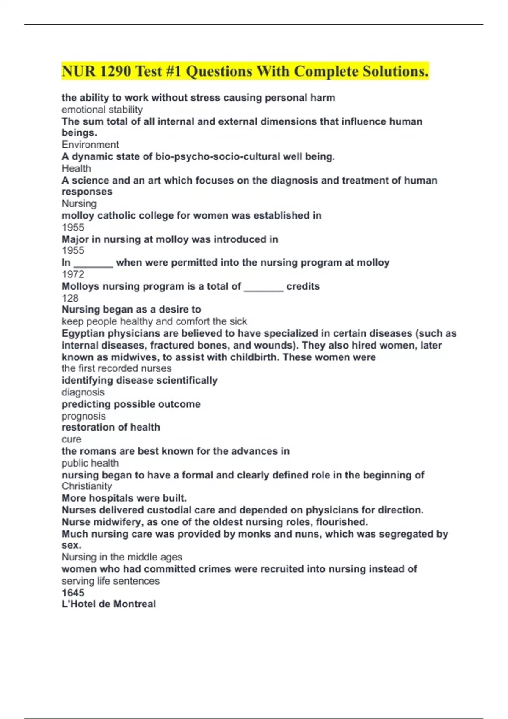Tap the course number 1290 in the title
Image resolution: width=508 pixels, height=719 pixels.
pyautogui.click(x=116, y=71)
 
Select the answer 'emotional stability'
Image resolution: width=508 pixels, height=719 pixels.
pyautogui.click(x=102, y=110)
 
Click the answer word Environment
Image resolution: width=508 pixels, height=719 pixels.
pyautogui.click(x=90, y=145)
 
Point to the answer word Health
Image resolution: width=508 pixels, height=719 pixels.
pyautogui.click(x=76, y=168)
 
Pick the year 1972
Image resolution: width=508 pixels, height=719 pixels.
pyautogui.click(x=73, y=274)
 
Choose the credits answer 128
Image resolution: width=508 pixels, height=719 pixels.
pyautogui.click(x=70, y=298)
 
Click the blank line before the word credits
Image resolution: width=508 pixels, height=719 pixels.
pyautogui.click(x=264, y=288)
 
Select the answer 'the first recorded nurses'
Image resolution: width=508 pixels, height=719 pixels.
pyautogui.click(x=116, y=368)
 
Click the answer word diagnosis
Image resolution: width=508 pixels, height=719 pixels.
pyautogui.click(x=83, y=392)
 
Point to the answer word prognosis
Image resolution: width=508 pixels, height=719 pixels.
pyautogui.click(x=83, y=416)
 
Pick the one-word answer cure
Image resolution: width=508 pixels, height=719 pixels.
pyautogui.click(x=72, y=439)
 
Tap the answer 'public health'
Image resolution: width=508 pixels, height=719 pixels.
pyautogui.click(x=90, y=463)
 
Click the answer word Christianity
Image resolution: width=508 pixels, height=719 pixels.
pyautogui.click(x=87, y=486)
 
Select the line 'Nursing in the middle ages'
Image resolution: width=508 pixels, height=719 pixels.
pyautogui.click(x=122, y=557)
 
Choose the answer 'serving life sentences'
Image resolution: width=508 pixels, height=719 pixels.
pyautogui.click(x=110, y=581)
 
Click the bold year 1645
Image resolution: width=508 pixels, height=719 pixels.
pyautogui.click(x=73, y=593)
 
